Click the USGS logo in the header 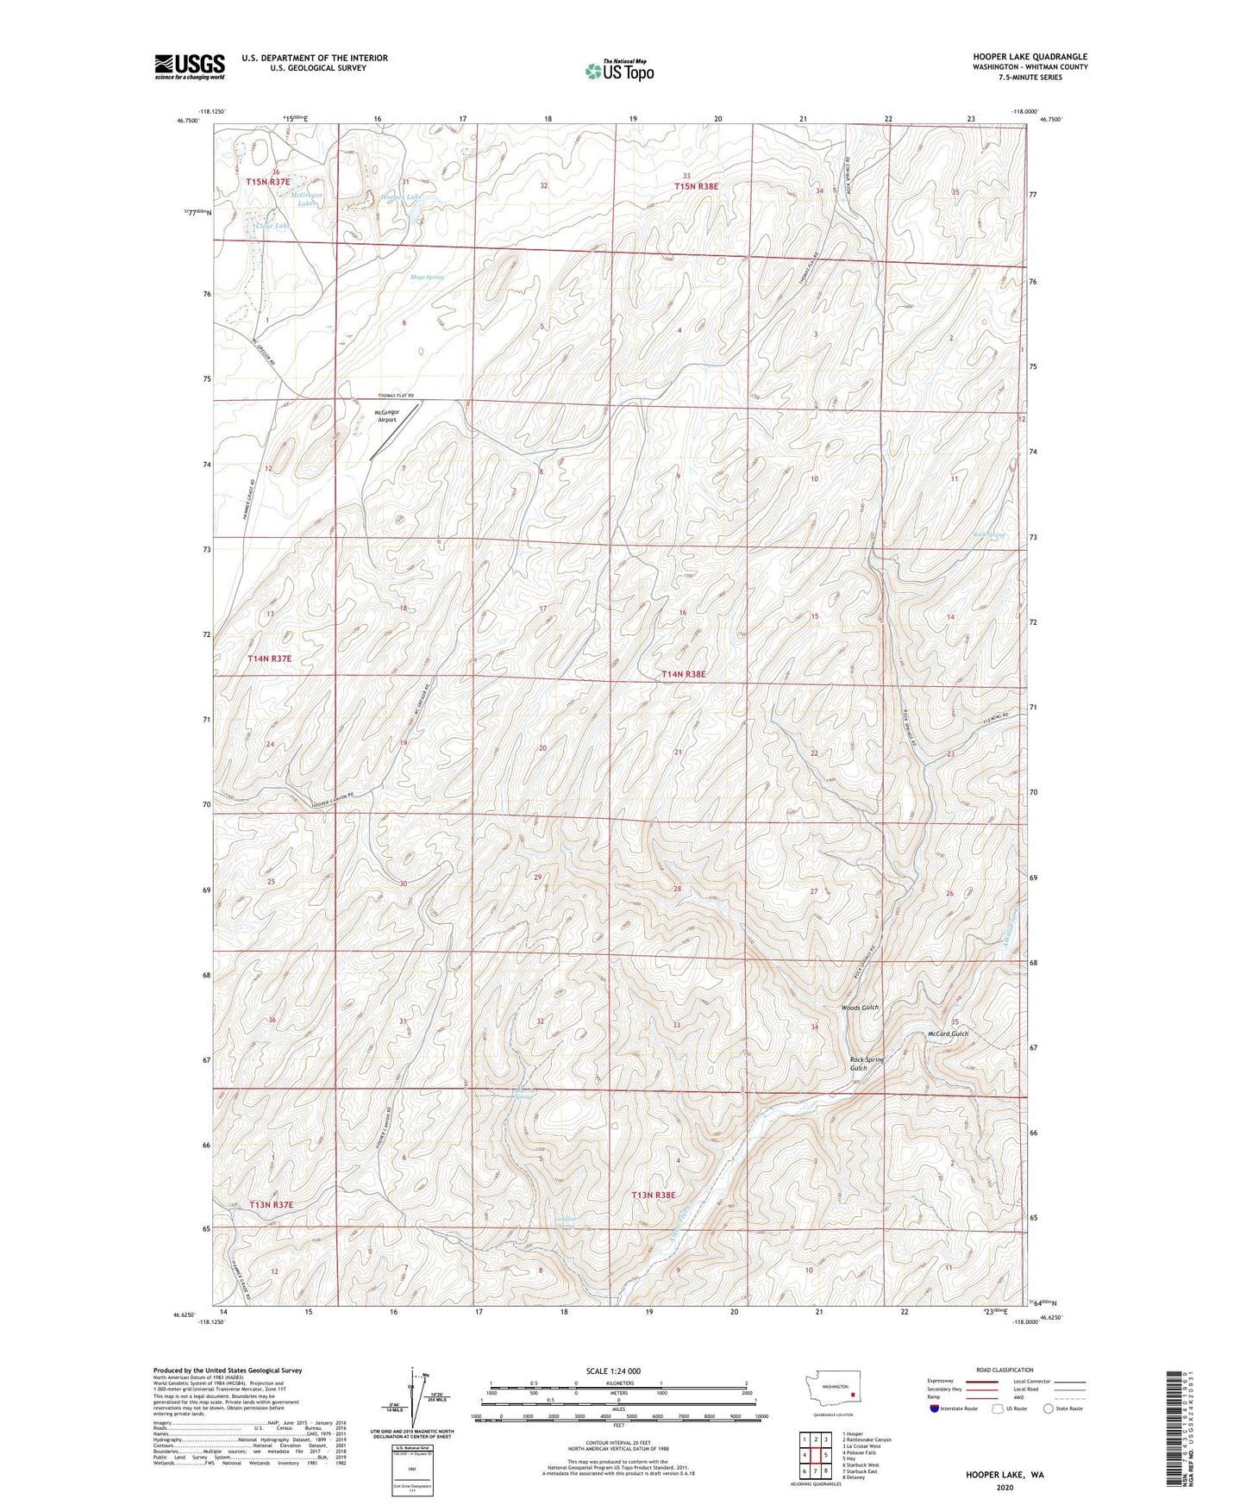[190, 66]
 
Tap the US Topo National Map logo [618, 71]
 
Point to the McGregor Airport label [386, 415]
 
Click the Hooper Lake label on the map [402, 197]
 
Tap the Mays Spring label [427, 278]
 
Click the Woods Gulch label [860, 1008]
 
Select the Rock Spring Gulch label [867, 1064]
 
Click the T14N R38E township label [684, 674]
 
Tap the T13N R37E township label [272, 1204]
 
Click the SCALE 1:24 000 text [613, 1371]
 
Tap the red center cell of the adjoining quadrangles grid [815, 1455]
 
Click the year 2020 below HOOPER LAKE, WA [1005, 1487]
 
